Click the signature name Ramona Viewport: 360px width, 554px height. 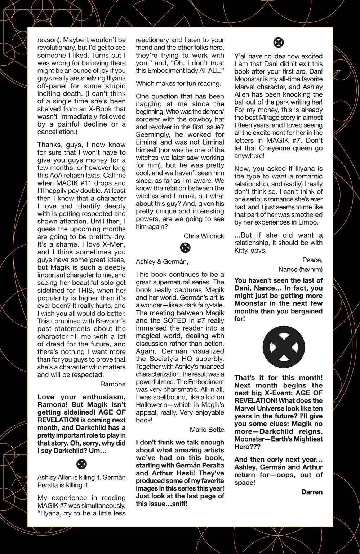pyautogui.click(x=113, y=384)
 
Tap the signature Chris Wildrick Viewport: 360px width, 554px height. pyautogui.click(x=204, y=236)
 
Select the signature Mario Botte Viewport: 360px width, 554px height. pyautogui.click(x=207, y=430)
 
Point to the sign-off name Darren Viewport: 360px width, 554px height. pyautogui.click(x=312, y=492)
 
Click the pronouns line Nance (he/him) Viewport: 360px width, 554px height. pyautogui.click(x=300, y=269)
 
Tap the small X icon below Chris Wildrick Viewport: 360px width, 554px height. pyautogui.click(x=185, y=248)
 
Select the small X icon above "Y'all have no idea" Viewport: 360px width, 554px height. pyautogui.click(x=279, y=43)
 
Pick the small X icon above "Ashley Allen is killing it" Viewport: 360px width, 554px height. pyautogui.click(x=82, y=464)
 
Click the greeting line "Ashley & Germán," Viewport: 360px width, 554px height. pyautogui.click(x=162, y=261)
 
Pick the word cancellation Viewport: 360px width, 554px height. pyautogui.click(x=55, y=132)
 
